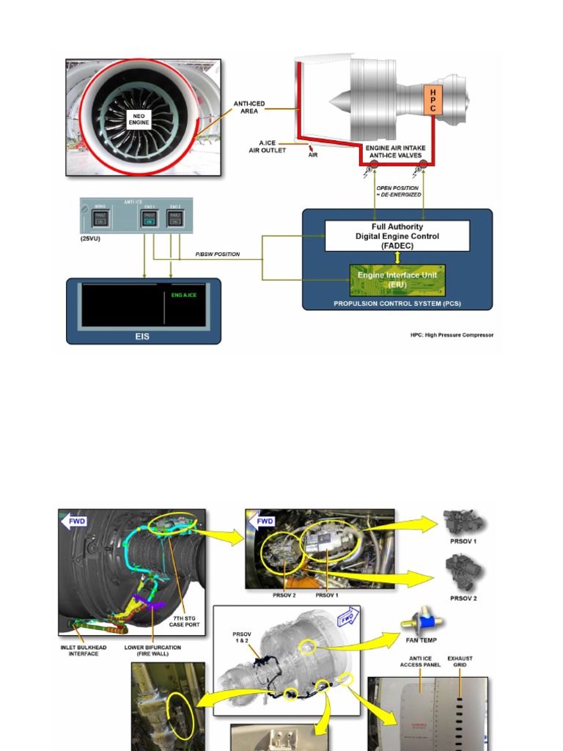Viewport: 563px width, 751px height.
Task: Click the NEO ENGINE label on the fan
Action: pyautogui.click(x=138, y=119)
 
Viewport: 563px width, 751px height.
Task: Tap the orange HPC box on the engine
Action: pyautogui.click(x=433, y=100)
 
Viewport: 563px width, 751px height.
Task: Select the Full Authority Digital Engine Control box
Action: pyautogui.click(x=397, y=235)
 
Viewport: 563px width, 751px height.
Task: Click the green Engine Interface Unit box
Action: pyautogui.click(x=397, y=280)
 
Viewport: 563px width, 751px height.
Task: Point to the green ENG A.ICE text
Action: pyautogui.click(x=183, y=295)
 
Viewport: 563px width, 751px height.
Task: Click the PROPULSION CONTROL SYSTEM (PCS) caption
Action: pyautogui.click(x=397, y=304)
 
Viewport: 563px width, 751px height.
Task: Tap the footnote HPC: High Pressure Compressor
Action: pyautogui.click(x=452, y=335)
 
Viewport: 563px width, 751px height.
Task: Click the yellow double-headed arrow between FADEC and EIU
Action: pyautogui.click(x=397, y=257)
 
